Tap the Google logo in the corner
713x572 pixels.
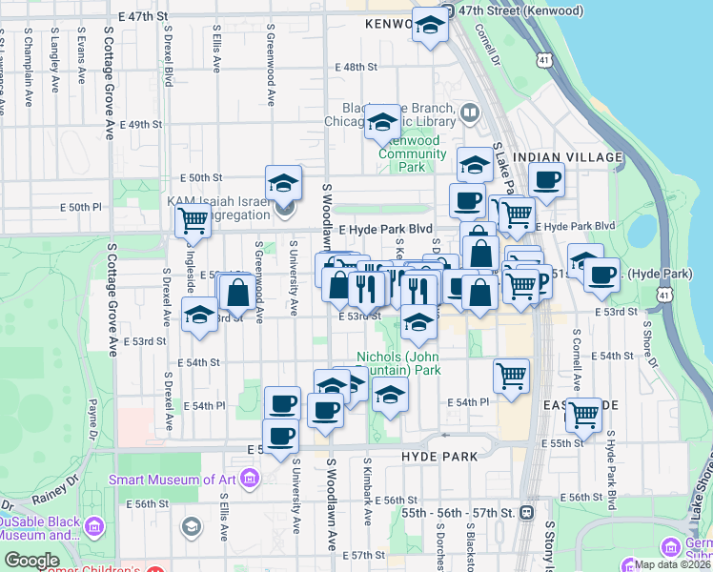(x=32, y=562)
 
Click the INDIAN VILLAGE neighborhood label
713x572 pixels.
(x=567, y=156)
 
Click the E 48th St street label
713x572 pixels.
(x=356, y=67)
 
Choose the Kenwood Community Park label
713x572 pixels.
(x=411, y=153)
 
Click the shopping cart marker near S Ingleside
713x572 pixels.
(x=194, y=221)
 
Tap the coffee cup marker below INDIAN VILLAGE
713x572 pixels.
(x=546, y=179)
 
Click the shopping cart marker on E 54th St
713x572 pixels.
(x=512, y=375)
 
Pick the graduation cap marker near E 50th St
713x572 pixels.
(x=283, y=182)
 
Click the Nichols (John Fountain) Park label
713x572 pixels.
(x=398, y=363)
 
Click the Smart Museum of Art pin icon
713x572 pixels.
(x=249, y=477)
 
